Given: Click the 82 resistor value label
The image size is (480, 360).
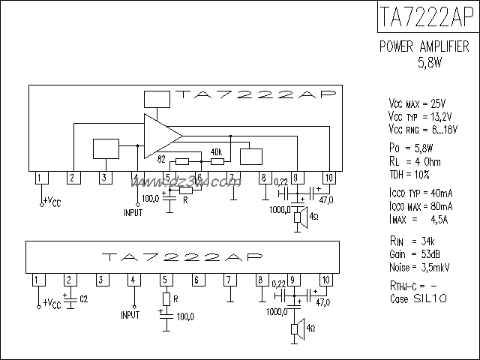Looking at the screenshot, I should click(161, 159).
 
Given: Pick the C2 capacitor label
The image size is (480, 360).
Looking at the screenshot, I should click(83, 299).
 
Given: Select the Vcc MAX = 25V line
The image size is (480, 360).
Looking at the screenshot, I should click(418, 103).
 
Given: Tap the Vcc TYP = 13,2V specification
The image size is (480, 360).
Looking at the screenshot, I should click(420, 117).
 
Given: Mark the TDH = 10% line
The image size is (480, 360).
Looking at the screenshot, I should click(409, 174).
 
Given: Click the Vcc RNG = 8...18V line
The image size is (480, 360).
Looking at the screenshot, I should click(422, 131).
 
